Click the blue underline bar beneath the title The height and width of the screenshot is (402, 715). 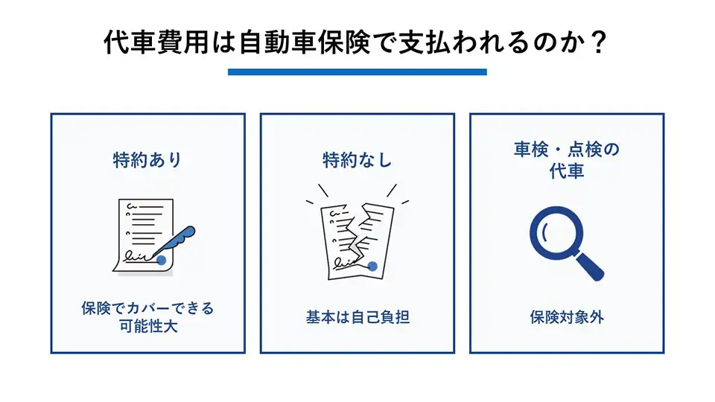[x=357, y=72]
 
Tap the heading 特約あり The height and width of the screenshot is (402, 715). [x=147, y=159]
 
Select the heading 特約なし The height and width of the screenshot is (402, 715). [x=357, y=159]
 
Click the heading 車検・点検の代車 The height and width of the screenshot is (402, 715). [x=566, y=160]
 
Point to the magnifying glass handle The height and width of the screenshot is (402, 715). [x=590, y=266]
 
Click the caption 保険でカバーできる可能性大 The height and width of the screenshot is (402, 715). [x=147, y=316]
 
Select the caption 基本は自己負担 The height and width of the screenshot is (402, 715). [x=357, y=317]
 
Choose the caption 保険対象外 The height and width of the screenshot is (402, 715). [x=566, y=317]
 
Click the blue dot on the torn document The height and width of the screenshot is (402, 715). [x=372, y=266]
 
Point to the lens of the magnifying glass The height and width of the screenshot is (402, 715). [x=555, y=232]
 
